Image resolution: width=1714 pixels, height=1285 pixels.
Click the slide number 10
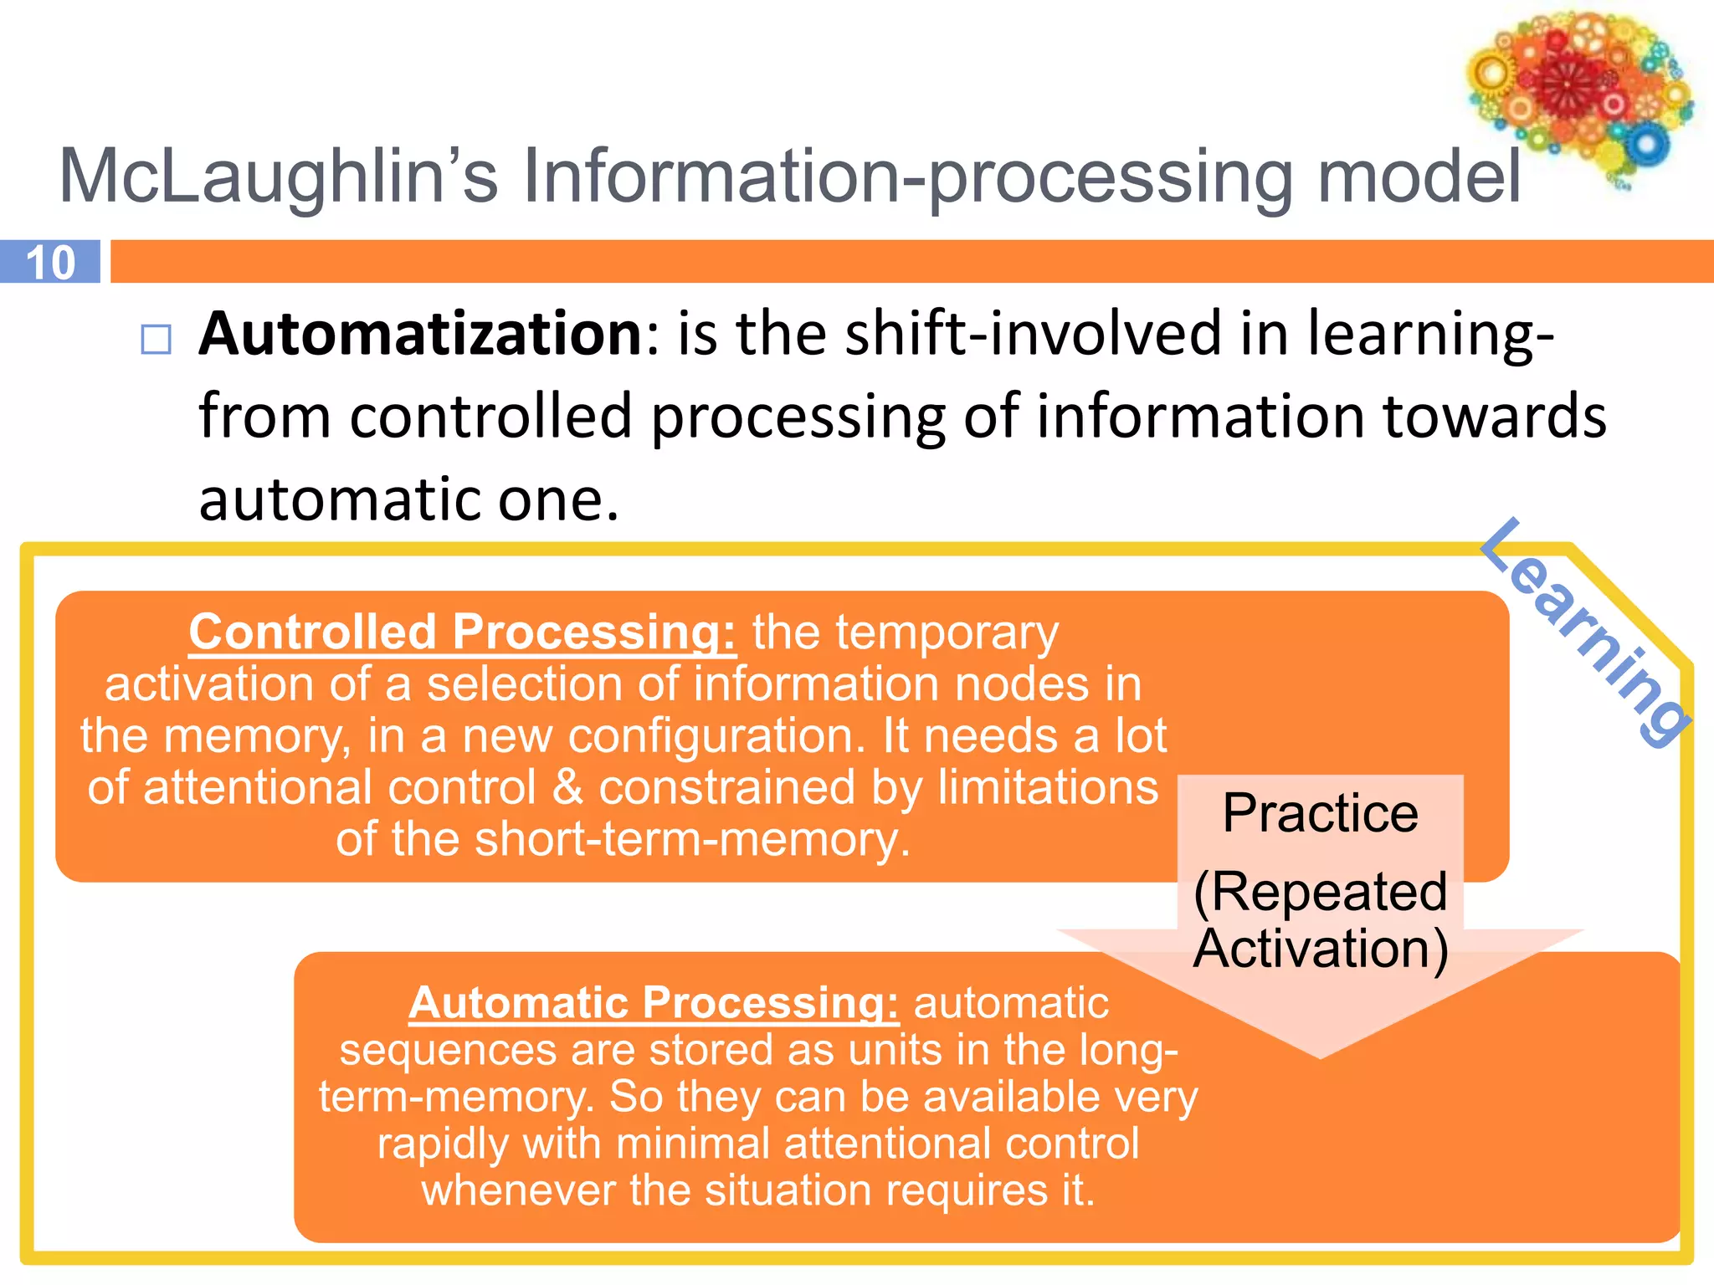point(50,263)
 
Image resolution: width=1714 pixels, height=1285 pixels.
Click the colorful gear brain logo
point(1578,94)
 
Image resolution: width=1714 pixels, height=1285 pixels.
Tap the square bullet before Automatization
point(157,340)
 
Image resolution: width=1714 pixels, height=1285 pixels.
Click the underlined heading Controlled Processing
point(462,632)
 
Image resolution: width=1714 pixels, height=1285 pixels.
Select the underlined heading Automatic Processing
point(654,1002)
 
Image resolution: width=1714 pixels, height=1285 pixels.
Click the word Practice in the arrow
point(1320,813)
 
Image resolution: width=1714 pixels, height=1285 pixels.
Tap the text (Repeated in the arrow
point(1320,891)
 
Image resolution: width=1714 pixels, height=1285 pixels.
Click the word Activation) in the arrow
point(1320,949)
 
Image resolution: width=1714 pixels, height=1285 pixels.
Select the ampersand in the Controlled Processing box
point(568,787)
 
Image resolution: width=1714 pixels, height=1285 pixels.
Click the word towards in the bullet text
point(1494,416)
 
